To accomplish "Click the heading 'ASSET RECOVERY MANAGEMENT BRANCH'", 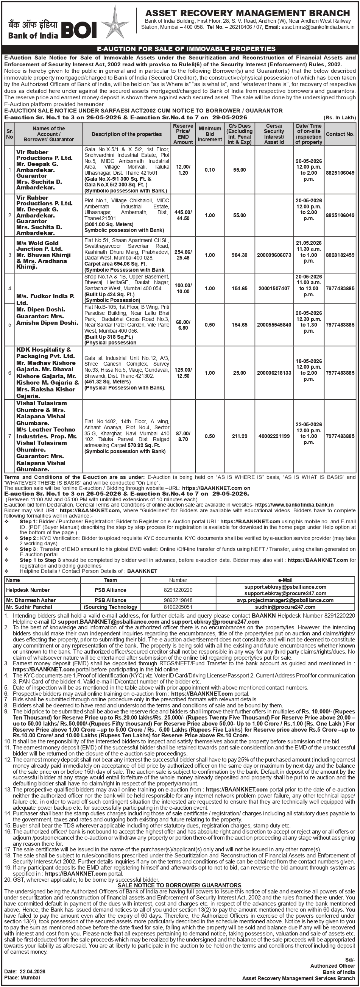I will (248, 13).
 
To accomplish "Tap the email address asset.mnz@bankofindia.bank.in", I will (318, 27).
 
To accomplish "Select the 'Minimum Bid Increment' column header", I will (209, 134).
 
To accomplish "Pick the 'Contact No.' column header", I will (340, 134).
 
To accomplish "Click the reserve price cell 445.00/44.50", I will (183, 215).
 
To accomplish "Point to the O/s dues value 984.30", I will (240, 255).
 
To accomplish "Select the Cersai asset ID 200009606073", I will (274, 255).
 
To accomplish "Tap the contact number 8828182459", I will (340, 255).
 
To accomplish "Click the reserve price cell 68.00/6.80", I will (183, 325).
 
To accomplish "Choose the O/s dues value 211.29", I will (240, 436).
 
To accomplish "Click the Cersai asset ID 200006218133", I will (274, 373).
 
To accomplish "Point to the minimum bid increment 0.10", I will (209, 170).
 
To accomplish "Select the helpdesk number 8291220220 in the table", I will (178, 590).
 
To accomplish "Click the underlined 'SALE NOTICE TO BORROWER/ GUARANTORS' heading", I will (179, 885).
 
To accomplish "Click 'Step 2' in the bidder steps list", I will (28, 538).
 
